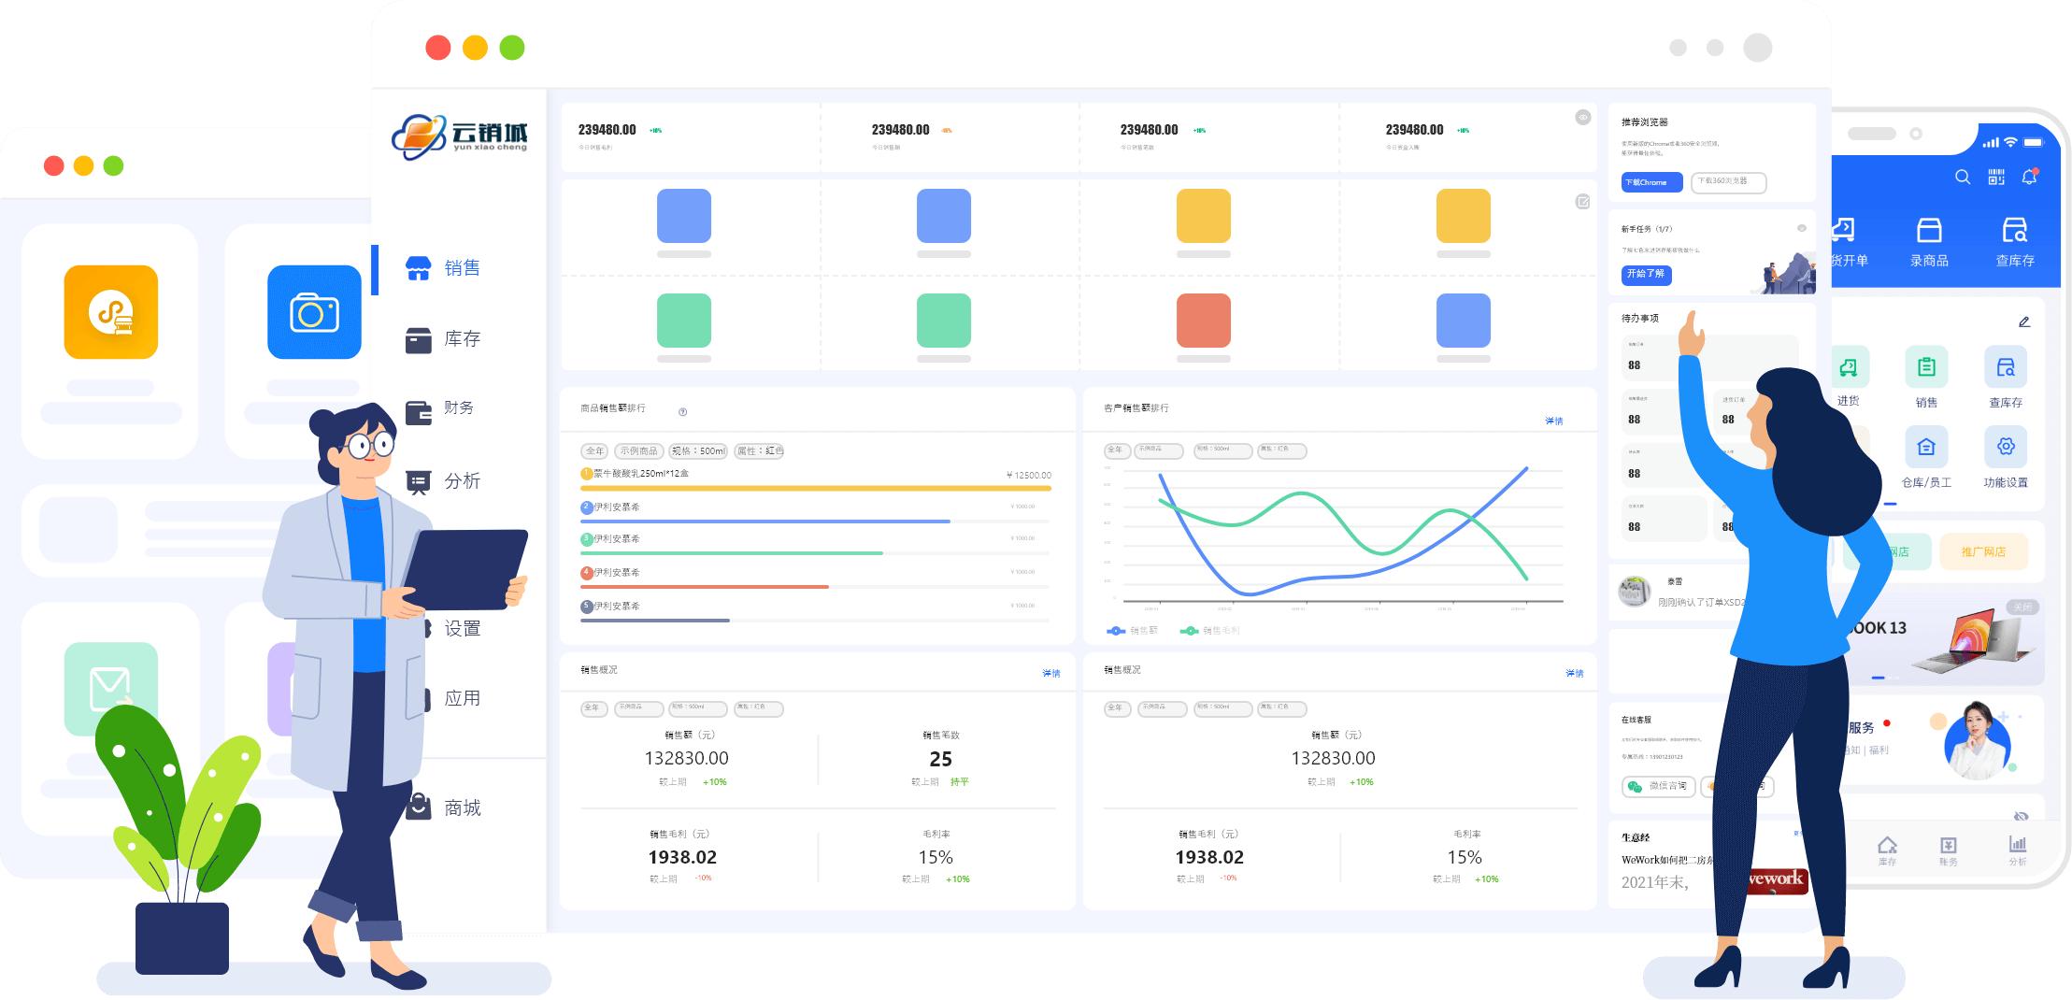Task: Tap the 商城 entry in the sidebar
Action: [x=447, y=807]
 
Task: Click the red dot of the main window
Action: [x=437, y=48]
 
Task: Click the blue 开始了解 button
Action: [x=1646, y=274]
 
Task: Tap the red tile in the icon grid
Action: [x=1203, y=321]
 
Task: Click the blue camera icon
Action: [x=314, y=312]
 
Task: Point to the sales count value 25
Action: [x=940, y=760]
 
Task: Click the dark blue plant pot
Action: [x=182, y=937]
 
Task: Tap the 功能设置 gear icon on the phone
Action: [x=2006, y=447]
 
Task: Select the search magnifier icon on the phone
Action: [x=1963, y=177]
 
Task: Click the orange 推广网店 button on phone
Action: [x=1983, y=551]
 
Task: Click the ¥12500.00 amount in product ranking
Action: [x=1028, y=475]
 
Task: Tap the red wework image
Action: [x=1776, y=880]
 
